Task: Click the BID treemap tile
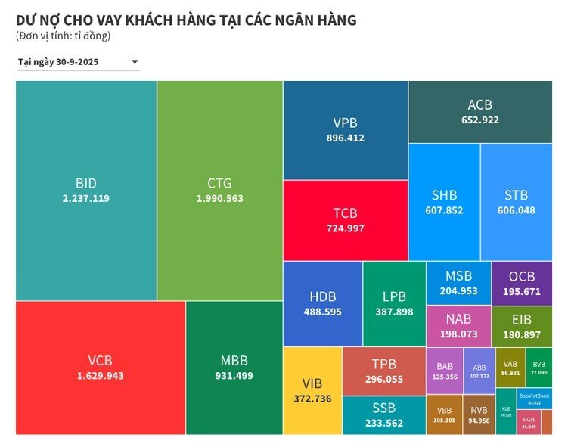click(85, 191)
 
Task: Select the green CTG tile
click(219, 191)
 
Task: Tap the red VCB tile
click(100, 368)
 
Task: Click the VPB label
click(345, 123)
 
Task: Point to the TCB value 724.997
click(345, 228)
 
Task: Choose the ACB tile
click(479, 111)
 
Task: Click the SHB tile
click(444, 202)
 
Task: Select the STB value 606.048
click(516, 210)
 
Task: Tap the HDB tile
click(322, 303)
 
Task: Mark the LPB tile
click(394, 303)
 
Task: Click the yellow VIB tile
click(312, 390)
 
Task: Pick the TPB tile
click(383, 371)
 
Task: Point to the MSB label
click(458, 276)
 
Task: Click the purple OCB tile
click(521, 283)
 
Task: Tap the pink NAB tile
click(458, 325)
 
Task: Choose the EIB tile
click(521, 326)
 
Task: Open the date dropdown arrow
click(135, 62)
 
